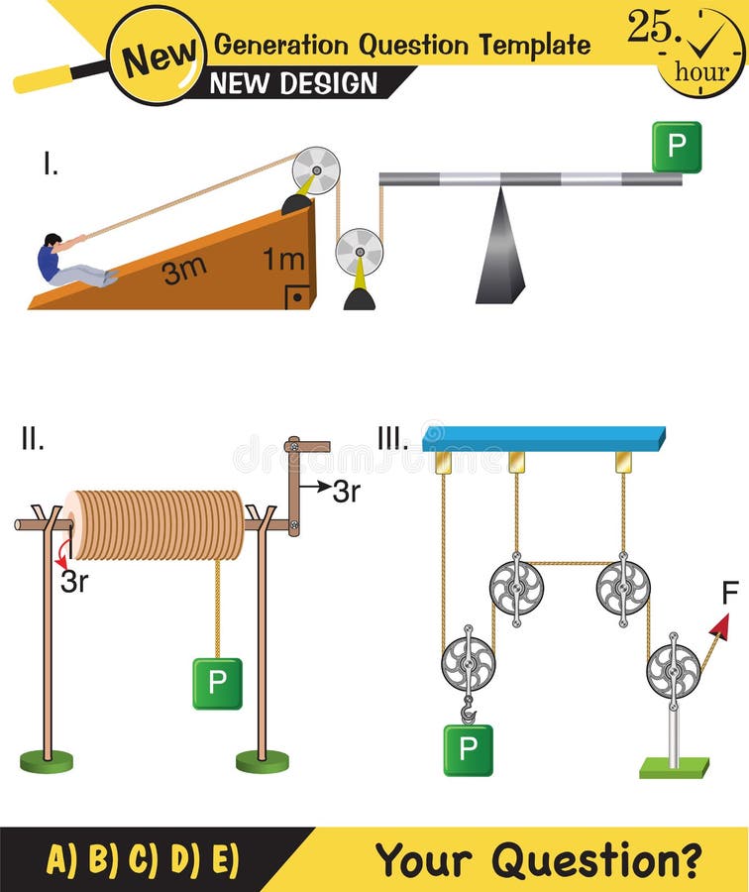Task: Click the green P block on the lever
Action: pyautogui.click(x=677, y=147)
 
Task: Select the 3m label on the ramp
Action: pyautogui.click(x=184, y=270)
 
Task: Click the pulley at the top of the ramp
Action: pyautogui.click(x=315, y=170)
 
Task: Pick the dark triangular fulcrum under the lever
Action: pyautogui.click(x=499, y=248)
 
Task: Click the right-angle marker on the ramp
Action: pyautogui.click(x=297, y=296)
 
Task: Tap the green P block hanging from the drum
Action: pyautogui.click(x=217, y=683)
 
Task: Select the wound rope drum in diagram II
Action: pyautogui.click(x=155, y=524)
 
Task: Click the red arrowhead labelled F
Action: pyautogui.click(x=720, y=626)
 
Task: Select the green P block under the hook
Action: pyautogui.click(x=468, y=749)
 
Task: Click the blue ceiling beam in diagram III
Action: pyautogui.click(x=544, y=438)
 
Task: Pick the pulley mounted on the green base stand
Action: pyautogui.click(x=673, y=671)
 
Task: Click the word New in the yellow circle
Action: pyautogui.click(x=157, y=56)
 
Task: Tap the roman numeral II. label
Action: pyautogui.click(x=32, y=439)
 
